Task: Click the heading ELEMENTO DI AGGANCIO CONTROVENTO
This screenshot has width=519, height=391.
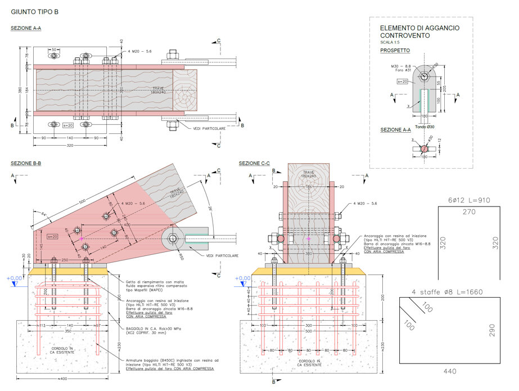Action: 419,32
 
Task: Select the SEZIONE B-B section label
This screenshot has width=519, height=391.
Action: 26,163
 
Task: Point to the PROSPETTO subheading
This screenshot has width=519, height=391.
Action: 395,51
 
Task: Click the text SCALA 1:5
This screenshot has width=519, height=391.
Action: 390,42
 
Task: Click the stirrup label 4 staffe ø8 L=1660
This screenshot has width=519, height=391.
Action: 447,292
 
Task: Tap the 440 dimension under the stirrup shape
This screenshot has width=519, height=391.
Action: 450,371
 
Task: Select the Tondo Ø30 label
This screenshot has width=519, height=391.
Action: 425,127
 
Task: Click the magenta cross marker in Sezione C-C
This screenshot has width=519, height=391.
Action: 309,239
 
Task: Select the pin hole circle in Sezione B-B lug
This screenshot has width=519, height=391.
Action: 174,239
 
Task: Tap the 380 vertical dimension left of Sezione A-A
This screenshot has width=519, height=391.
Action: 19,91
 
